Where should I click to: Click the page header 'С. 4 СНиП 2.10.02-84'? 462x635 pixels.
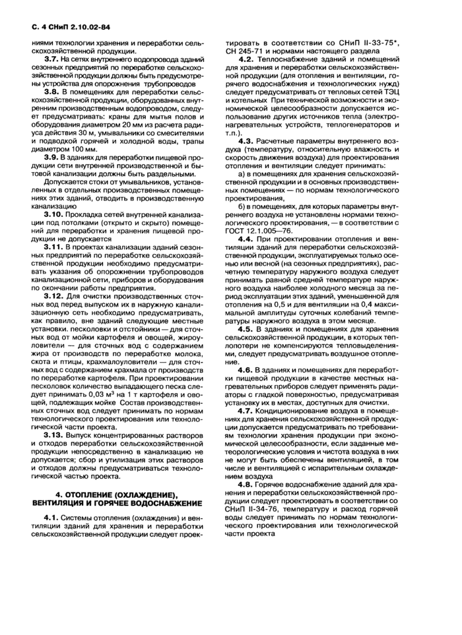click(74, 28)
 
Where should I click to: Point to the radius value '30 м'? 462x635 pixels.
click(104, 129)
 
